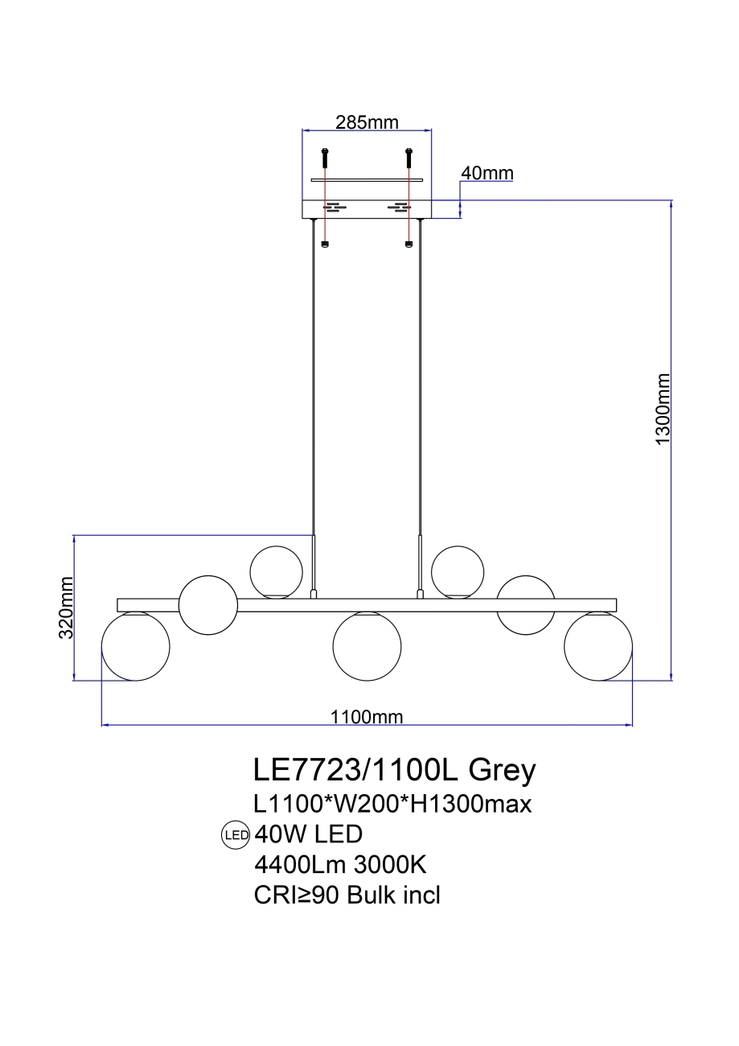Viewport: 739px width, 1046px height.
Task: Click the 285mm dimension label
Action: point(367,122)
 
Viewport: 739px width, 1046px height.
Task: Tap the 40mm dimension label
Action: point(487,173)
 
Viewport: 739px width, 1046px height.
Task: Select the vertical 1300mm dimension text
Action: point(663,410)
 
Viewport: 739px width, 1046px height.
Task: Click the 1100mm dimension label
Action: point(367,717)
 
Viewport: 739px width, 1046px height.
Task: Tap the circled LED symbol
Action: point(235,835)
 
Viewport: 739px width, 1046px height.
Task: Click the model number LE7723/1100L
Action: point(355,770)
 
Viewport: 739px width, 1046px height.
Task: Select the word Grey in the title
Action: point(502,771)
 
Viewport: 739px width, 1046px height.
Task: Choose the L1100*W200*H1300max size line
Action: point(392,803)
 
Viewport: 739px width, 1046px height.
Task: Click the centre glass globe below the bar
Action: point(367,647)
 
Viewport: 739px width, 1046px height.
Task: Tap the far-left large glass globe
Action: point(135,647)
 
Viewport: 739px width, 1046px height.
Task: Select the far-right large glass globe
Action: point(598,647)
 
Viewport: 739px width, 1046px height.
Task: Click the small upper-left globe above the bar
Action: point(277,571)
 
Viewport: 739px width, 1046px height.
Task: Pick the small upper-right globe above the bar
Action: point(458,571)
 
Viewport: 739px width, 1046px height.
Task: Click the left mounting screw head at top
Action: point(325,151)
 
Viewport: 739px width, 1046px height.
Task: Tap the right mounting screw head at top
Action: point(409,151)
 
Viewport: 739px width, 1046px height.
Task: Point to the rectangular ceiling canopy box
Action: point(367,208)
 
